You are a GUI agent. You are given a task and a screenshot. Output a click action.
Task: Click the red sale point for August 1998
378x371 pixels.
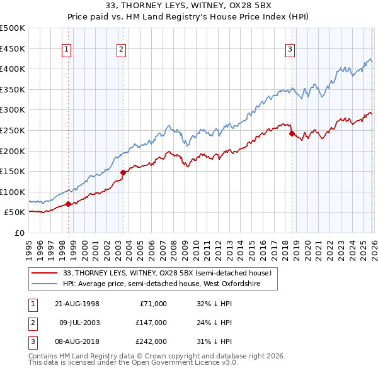68,204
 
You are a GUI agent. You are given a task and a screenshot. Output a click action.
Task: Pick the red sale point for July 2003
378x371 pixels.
123,172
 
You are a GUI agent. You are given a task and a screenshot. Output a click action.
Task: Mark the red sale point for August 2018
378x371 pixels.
291,133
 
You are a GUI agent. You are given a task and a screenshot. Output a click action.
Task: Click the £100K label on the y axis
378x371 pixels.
13,192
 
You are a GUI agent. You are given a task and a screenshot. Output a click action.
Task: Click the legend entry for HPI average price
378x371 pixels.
170,284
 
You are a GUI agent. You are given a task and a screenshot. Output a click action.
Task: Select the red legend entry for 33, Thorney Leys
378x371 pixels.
167,273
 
